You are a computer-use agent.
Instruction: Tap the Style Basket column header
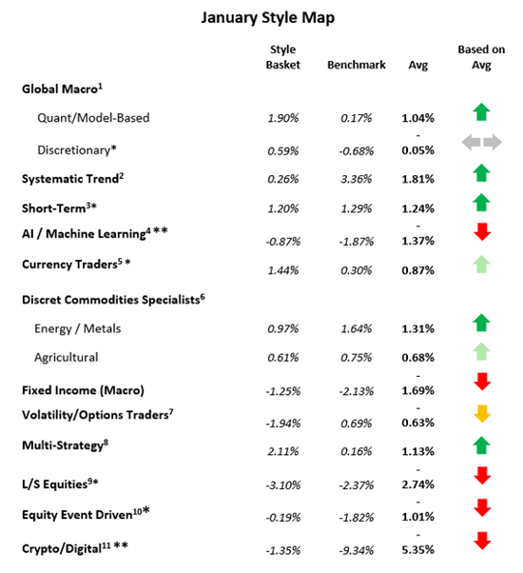coord(281,57)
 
